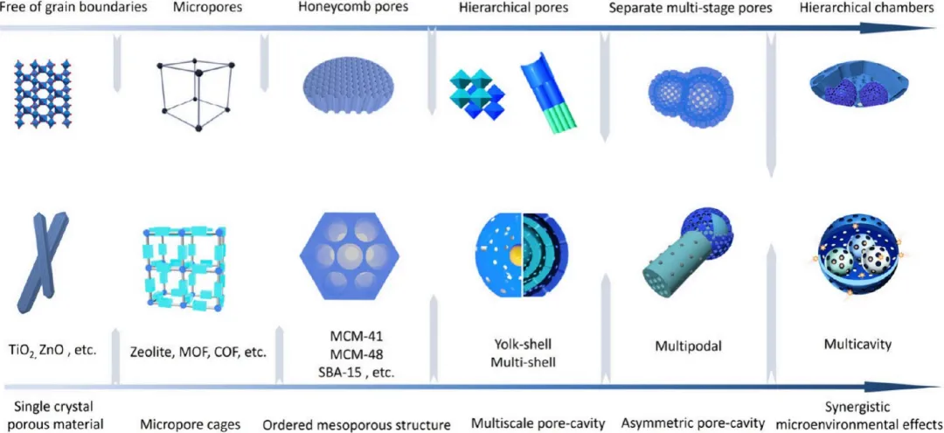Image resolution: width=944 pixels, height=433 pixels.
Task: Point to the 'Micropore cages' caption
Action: click(x=190, y=424)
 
